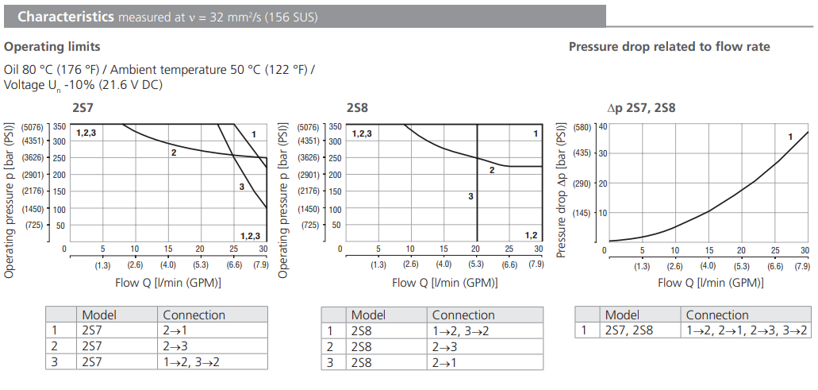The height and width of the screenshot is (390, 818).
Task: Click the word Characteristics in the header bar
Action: [x=65, y=16]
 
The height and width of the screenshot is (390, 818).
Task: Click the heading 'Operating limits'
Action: [x=50, y=46]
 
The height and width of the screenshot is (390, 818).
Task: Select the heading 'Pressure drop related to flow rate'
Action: [x=669, y=46]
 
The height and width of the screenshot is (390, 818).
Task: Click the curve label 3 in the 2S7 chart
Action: [x=241, y=187]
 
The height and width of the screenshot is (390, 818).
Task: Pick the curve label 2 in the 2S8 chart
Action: [x=492, y=170]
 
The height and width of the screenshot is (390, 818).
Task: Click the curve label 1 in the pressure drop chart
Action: [x=790, y=137]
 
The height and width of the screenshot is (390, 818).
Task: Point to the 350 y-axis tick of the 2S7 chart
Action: [x=60, y=125]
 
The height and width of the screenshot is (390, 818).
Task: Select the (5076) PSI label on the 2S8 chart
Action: [x=309, y=126]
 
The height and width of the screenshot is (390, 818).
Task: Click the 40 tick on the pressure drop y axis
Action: [x=602, y=125]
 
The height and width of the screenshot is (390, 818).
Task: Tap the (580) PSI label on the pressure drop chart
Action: [x=583, y=126]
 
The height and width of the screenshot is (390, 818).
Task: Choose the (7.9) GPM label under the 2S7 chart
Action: [x=260, y=265]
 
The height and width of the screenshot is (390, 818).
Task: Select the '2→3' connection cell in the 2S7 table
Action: [x=176, y=346]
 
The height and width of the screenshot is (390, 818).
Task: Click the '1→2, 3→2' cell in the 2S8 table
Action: [x=459, y=330]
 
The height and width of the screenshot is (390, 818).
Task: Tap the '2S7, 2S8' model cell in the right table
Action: [x=629, y=330]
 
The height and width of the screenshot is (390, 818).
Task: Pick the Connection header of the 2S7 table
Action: [x=194, y=315]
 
